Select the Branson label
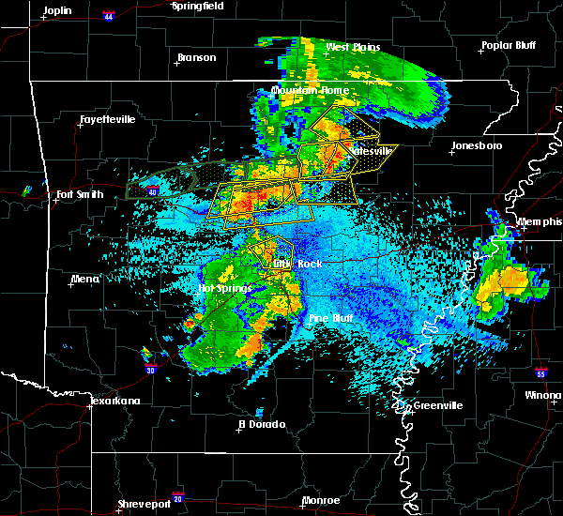pos(196,57)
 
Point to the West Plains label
pos(351,47)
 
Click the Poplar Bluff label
pos(507,45)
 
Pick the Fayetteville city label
pos(107,119)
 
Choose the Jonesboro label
pos(477,145)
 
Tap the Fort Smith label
pos(79,195)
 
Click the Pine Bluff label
pos(331,319)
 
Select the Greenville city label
pos(432,405)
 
